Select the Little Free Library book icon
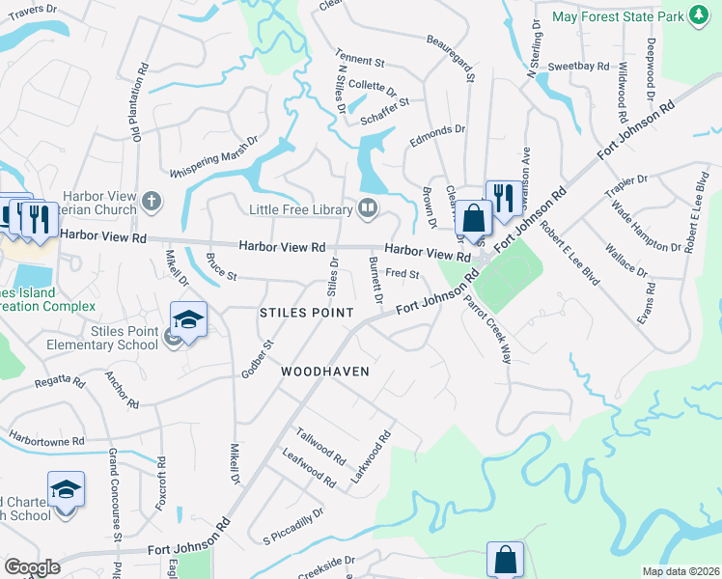pyautogui.click(x=367, y=207)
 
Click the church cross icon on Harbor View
pyautogui.click(x=150, y=202)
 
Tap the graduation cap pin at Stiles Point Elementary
pyautogui.click(x=188, y=321)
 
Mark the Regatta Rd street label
pyautogui.click(x=61, y=381)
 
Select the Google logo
pyautogui.click(x=32, y=567)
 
